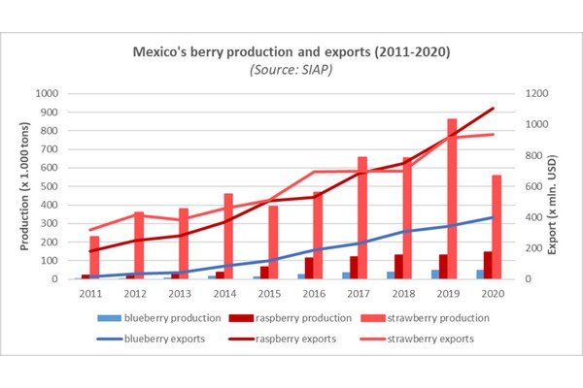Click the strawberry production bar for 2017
pyautogui.click(x=362, y=217)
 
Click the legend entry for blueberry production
pyautogui.click(x=154, y=317)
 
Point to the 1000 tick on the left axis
pyautogui.click(x=46, y=94)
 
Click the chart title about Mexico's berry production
pyautogui.click(x=291, y=49)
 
